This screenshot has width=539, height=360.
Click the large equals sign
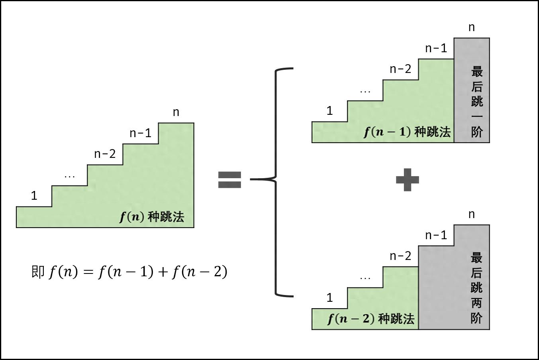[229, 180]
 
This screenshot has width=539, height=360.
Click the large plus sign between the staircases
[408, 180]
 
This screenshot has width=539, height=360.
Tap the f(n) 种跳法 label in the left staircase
[152, 217]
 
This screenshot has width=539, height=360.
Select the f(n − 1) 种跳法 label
[407, 132]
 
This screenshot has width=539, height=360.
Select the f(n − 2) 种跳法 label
[371, 319]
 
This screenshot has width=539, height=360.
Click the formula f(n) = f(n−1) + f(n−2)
[138, 272]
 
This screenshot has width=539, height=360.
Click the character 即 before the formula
[38, 271]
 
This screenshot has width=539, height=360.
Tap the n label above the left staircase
[176, 112]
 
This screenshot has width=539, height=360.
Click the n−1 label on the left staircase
[140, 133]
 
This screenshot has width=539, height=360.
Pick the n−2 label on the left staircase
[105, 154]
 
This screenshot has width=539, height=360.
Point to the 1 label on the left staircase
[34, 195]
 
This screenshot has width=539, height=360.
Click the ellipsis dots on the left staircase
[70, 177]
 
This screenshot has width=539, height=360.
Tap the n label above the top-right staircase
[472, 28]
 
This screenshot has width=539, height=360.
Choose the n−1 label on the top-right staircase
[436, 48]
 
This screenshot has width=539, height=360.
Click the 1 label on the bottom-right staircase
[330, 298]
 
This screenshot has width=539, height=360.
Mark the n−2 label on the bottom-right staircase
[400, 256]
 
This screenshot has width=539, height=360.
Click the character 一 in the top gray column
[477, 116]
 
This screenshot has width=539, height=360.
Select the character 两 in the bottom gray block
[477, 303]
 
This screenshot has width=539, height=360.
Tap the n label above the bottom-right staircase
[472, 214]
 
